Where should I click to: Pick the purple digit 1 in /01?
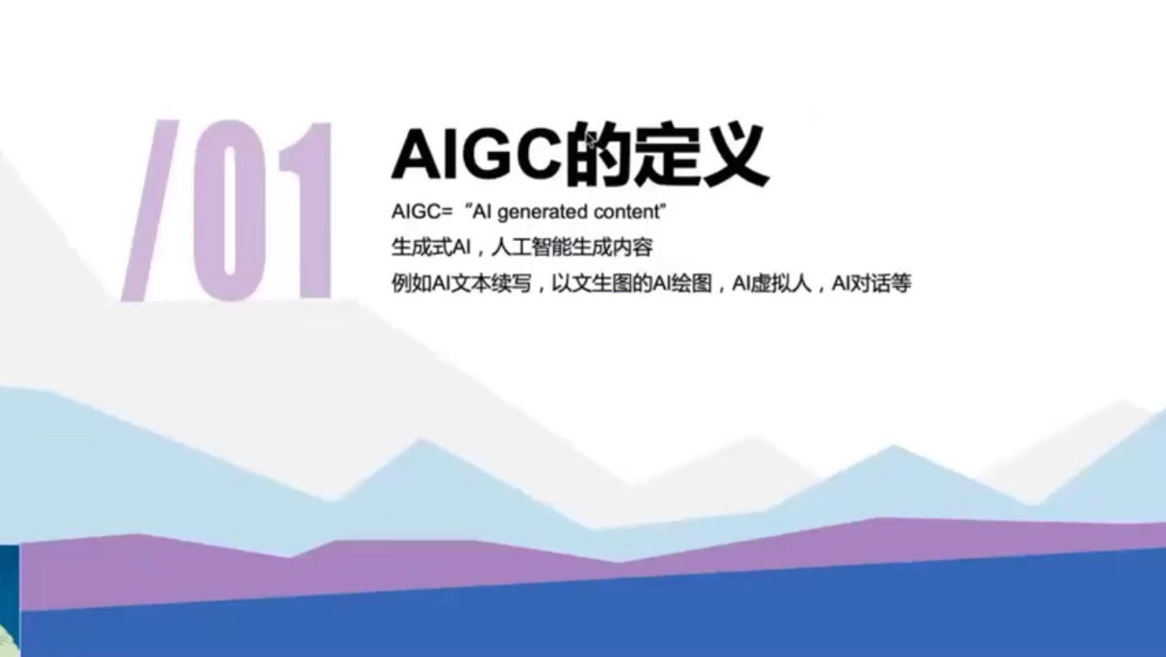306,210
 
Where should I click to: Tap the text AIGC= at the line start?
420,213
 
